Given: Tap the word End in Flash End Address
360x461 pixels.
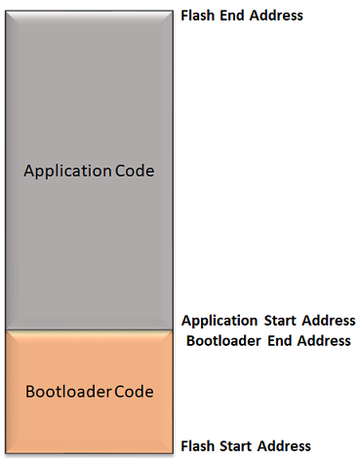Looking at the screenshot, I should click(233, 16).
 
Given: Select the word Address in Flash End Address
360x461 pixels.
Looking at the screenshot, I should click(276, 16).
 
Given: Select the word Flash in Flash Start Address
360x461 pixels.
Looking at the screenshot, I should click(198, 446).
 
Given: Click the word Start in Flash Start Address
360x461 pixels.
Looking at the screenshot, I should click(237, 446).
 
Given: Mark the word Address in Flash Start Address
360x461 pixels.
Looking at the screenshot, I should click(284, 446).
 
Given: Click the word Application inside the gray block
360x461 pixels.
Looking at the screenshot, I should click(66, 171).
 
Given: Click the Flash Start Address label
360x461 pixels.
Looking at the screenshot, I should click(246, 446).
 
